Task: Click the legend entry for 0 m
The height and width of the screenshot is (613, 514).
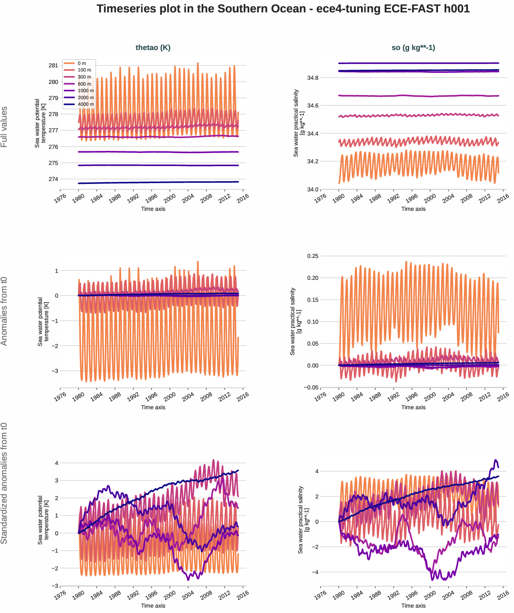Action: coord(81,63)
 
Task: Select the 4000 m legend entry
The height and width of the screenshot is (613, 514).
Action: coord(85,104)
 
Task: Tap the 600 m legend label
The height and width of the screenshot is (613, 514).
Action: coord(84,84)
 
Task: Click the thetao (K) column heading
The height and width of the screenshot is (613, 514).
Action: coord(153,48)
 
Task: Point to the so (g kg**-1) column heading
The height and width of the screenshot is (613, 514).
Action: coord(413,48)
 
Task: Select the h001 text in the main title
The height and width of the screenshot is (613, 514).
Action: coord(457,9)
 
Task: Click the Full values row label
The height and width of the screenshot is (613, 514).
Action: coord(4,127)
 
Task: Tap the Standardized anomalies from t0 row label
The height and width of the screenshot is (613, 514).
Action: coord(4,483)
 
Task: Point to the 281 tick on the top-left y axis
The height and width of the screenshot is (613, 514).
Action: coord(53,65)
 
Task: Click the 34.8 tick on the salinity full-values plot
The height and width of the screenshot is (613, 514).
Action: coord(313,78)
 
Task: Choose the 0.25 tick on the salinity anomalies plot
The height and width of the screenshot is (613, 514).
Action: coord(313,256)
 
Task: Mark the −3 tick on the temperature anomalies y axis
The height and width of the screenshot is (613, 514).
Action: coord(55,371)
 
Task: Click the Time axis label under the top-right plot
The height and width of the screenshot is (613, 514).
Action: coord(413,209)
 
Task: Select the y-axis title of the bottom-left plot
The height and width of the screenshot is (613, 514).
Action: coord(43,520)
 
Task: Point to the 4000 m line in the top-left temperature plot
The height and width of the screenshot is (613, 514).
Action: coord(157,182)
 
